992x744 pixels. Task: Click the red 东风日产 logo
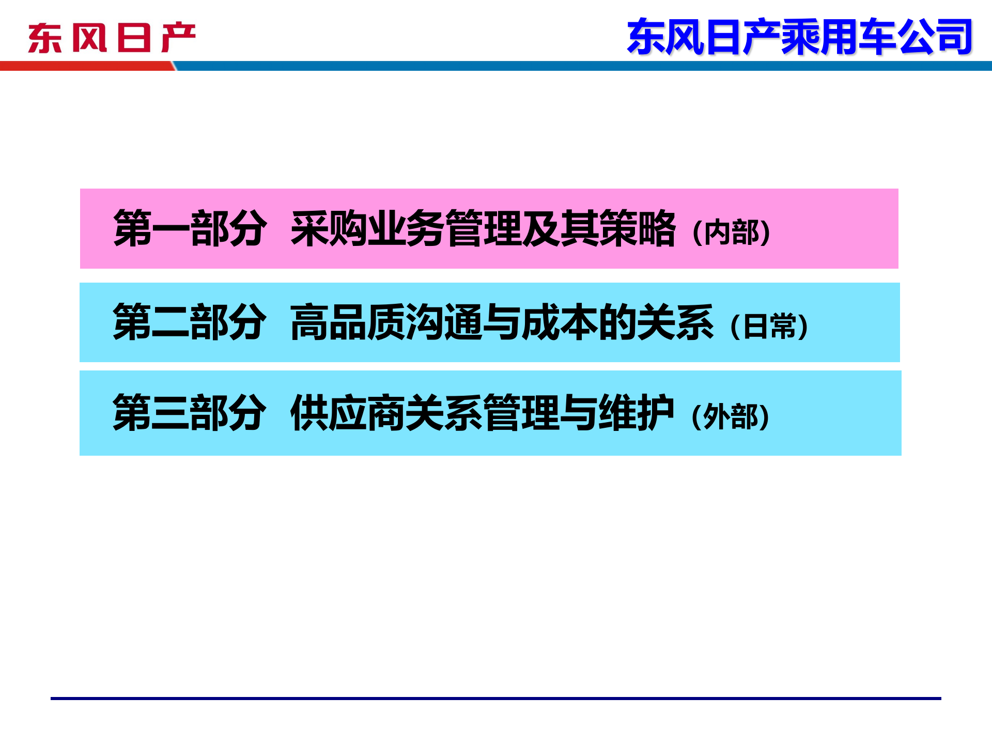(112, 38)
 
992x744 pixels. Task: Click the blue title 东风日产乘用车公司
(799, 37)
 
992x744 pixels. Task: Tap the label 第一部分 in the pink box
(190, 229)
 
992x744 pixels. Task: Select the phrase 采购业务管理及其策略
(483, 229)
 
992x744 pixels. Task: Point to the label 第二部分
(190, 322)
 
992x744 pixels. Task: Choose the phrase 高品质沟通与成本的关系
(502, 322)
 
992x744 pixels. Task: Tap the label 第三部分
(190, 413)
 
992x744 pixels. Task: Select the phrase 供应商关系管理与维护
(482, 413)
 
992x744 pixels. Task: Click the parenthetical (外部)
(731, 416)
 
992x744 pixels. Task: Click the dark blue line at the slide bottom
(496, 699)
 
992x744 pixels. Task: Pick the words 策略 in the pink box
(638, 229)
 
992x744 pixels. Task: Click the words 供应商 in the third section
(348, 413)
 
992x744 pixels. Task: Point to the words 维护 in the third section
(637, 413)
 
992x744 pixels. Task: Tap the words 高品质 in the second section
(348, 322)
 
